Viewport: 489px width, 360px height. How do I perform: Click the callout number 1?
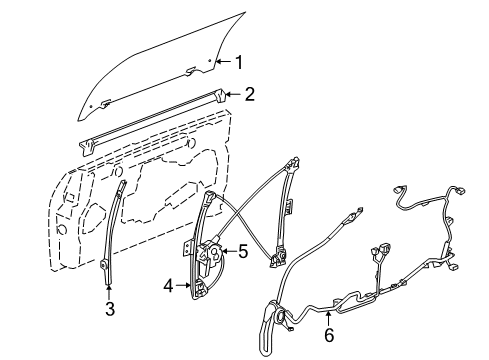click(x=239, y=62)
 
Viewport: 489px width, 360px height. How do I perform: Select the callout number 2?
click(x=250, y=95)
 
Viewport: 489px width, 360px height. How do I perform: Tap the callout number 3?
click(x=109, y=309)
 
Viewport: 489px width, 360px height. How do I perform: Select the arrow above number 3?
click(x=109, y=291)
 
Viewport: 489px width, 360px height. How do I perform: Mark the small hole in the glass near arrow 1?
click(x=210, y=62)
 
